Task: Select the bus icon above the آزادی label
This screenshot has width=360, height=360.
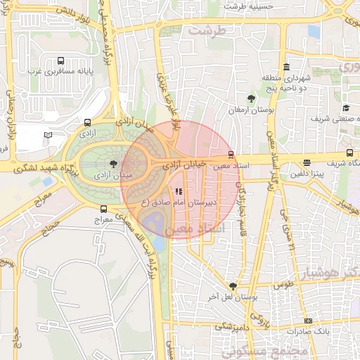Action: (86, 122)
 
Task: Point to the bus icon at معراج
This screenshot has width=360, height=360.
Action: (104, 209)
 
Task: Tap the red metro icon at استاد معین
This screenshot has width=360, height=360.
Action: (231, 155)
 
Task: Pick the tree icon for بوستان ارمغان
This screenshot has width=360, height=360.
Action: (251, 98)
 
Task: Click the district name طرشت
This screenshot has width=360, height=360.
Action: (215, 32)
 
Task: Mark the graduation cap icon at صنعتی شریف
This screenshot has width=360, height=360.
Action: (346, 108)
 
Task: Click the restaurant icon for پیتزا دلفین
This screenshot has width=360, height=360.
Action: (307, 163)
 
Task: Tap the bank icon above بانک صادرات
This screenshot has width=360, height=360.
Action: (307, 321)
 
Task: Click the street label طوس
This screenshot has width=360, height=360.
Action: (283, 285)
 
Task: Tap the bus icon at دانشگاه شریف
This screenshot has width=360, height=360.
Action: (349, 153)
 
